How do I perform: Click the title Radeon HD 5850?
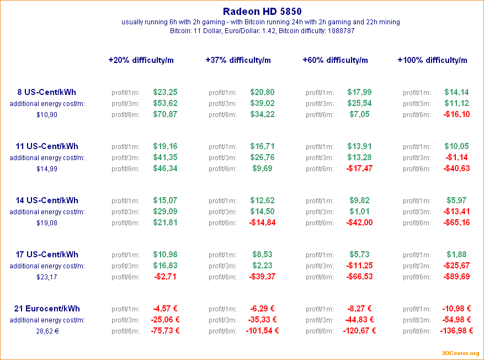click(x=262, y=11)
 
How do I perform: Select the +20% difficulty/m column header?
click(x=141, y=60)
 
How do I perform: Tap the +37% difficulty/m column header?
click(x=238, y=60)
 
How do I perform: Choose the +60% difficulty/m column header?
click(x=335, y=60)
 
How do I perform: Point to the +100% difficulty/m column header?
click(x=432, y=60)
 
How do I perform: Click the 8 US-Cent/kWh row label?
click(x=47, y=92)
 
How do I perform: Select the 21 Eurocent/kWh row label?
click(x=47, y=309)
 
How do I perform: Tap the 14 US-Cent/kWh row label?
click(x=47, y=200)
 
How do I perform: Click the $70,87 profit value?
click(x=165, y=114)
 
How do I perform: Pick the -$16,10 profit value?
click(x=456, y=114)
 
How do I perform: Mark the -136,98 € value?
click(x=456, y=331)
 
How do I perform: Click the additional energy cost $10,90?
click(x=47, y=115)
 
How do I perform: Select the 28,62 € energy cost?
click(x=47, y=331)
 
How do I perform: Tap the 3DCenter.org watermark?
click(x=460, y=353)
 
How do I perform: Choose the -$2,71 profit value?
click(x=165, y=277)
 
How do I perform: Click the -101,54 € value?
click(x=262, y=331)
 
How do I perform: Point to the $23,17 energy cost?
click(x=47, y=277)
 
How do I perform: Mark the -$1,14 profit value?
click(x=456, y=157)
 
